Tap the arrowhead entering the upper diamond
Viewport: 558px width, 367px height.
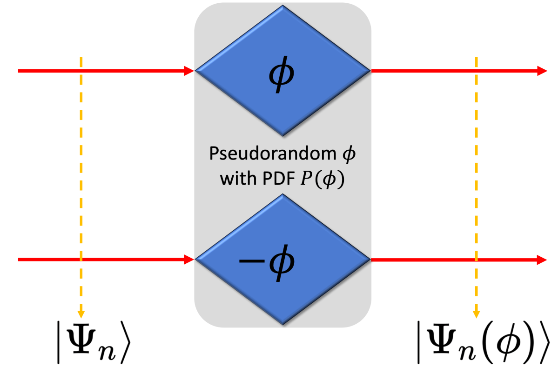click(189, 71)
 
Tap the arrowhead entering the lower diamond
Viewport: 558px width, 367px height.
click(189, 259)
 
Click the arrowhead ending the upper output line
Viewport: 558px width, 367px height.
click(542, 71)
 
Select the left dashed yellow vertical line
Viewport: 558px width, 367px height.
click(81, 186)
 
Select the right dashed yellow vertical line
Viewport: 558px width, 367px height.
click(476, 186)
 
